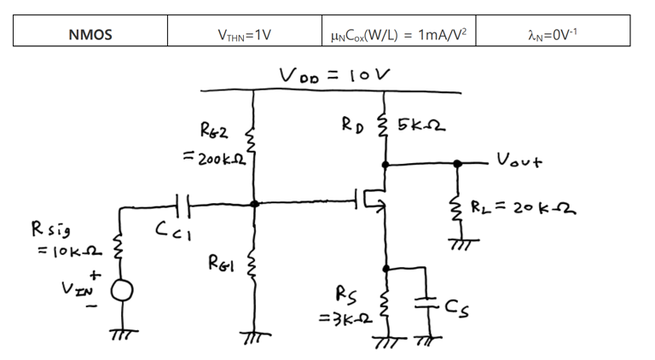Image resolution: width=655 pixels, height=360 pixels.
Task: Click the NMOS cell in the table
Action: (90, 35)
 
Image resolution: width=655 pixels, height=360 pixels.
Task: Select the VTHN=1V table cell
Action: (245, 35)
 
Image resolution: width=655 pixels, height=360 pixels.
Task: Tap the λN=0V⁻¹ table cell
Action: (554, 35)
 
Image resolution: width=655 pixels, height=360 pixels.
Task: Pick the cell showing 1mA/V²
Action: (399, 35)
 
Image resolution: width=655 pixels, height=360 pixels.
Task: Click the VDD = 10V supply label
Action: (334, 75)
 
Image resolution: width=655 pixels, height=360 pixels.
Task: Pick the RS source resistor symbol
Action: (385, 305)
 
